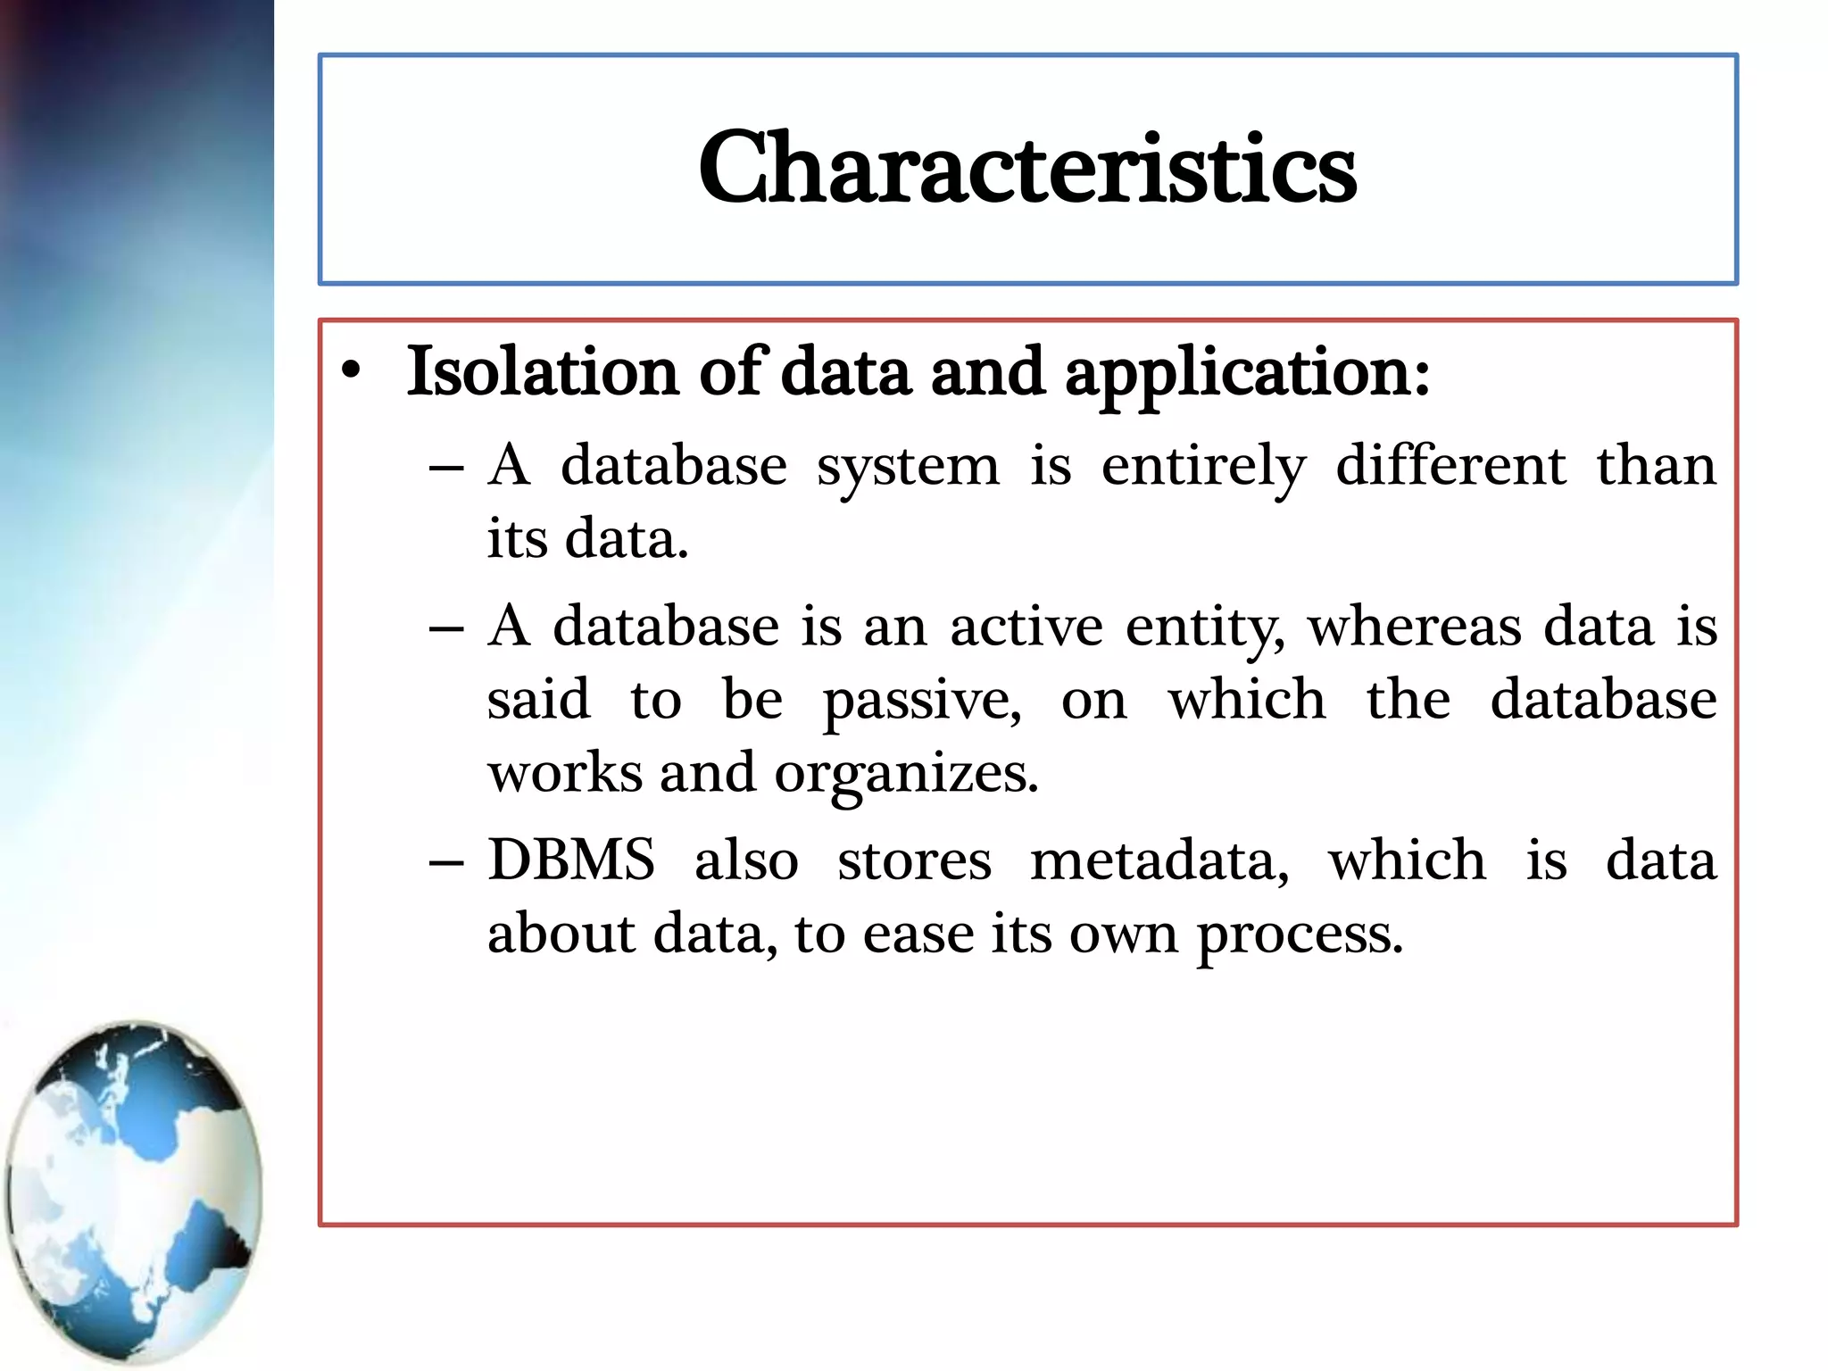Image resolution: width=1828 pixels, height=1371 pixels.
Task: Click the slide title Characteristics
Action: tap(1026, 168)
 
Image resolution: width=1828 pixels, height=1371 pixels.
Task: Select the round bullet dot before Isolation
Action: tap(352, 371)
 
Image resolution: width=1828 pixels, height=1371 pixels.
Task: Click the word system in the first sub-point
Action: tap(908, 468)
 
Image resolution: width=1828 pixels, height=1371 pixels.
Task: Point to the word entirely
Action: tap(1202, 468)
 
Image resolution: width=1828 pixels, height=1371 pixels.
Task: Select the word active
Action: tap(1026, 627)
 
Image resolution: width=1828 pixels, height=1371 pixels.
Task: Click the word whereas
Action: tap(1414, 627)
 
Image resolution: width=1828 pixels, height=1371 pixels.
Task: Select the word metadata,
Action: tap(1159, 861)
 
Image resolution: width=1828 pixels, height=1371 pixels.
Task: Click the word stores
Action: tap(914, 861)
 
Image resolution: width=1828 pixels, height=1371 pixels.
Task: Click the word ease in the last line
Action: tap(918, 935)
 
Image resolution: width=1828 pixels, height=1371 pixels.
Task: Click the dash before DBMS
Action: tap(445, 862)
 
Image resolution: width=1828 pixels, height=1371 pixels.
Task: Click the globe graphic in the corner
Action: tap(134, 1191)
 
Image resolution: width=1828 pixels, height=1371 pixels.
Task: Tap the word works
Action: tap(564, 773)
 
